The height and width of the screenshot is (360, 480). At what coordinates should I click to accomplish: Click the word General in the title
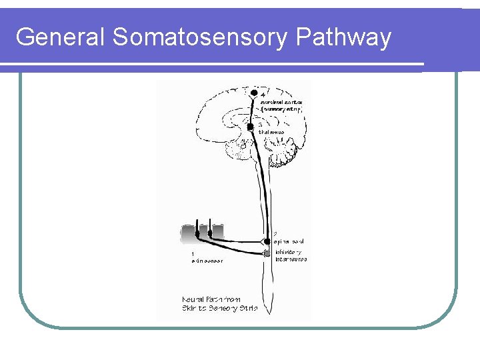61,37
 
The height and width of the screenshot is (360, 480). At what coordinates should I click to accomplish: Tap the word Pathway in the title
343,37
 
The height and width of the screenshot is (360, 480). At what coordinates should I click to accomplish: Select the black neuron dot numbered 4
254,93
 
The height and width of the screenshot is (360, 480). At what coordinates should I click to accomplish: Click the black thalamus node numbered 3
251,126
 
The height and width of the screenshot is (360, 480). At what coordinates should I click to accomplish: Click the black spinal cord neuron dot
267,241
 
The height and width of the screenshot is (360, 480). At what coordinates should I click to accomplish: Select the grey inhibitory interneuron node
267,253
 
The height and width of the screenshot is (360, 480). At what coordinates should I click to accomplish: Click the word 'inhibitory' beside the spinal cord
289,252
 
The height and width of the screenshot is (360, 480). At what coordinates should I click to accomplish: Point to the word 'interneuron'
291,259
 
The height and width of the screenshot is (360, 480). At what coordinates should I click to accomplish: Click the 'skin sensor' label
207,261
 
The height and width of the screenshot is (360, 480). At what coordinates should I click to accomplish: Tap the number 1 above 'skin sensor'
193,253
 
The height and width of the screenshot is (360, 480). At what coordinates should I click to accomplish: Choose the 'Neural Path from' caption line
211,299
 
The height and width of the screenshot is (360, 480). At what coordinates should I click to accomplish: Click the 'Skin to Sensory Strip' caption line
219,309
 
